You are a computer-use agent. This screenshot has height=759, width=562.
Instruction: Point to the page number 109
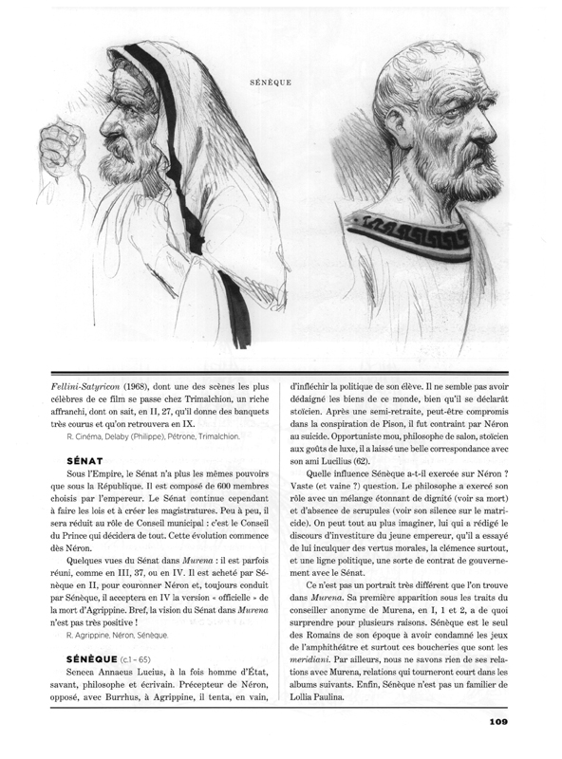coord(502,722)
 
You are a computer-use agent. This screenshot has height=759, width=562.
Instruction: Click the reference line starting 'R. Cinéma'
coord(153,436)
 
